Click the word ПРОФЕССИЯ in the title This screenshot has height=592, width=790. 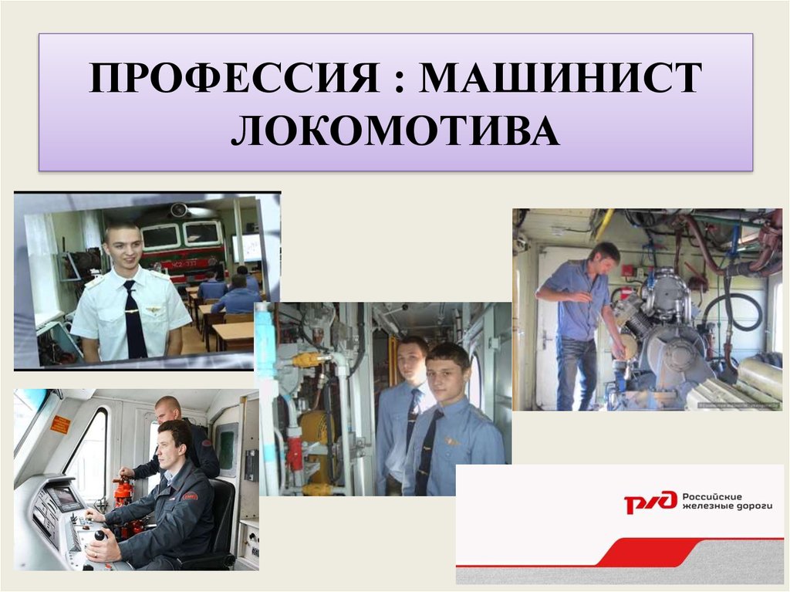235,78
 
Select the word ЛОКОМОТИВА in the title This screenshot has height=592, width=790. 396,130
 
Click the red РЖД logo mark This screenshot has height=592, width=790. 650,502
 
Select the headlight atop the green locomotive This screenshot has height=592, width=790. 178,209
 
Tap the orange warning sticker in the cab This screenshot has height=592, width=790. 60,425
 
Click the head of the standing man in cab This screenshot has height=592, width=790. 167,408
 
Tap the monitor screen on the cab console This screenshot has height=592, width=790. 64,497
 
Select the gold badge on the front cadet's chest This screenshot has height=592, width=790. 451,441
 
